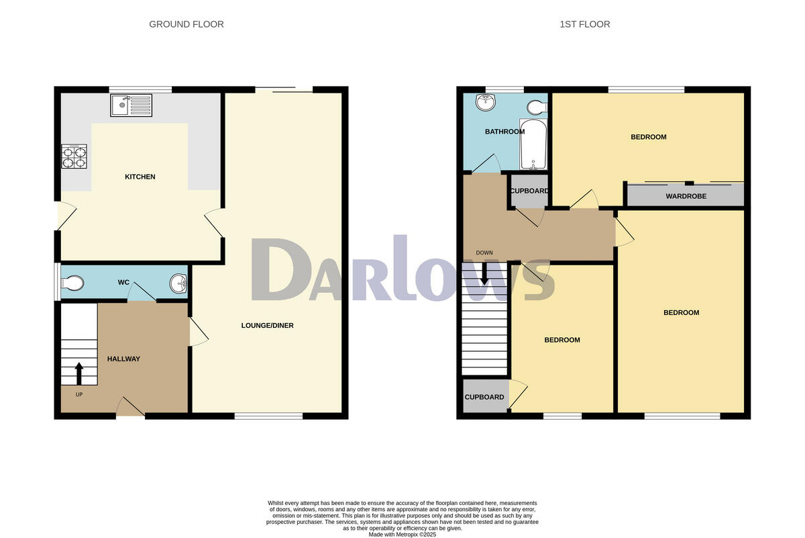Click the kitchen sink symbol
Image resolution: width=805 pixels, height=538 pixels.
(132, 105)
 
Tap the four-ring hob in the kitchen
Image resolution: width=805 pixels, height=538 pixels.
(74, 156)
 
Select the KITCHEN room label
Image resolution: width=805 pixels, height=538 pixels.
(140, 177)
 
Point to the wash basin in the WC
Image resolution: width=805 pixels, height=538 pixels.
(179, 283)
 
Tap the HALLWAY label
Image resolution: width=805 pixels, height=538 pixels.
(124, 359)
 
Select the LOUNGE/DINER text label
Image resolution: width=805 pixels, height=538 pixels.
(268, 326)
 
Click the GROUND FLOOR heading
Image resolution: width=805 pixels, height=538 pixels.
(186, 24)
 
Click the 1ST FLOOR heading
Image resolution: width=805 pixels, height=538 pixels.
(585, 24)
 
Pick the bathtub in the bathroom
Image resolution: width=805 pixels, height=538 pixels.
(533, 144)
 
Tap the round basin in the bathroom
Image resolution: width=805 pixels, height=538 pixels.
(484, 103)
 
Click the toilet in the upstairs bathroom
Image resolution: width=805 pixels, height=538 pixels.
(537, 107)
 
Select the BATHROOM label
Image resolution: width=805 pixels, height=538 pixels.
(504, 132)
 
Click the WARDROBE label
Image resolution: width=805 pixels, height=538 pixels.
(685, 197)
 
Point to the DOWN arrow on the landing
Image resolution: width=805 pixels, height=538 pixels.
(484, 273)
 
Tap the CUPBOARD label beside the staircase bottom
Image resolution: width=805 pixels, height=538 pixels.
(484, 397)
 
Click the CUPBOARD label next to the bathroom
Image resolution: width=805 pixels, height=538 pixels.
(530, 191)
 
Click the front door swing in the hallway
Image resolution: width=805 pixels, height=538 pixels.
(131, 406)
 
